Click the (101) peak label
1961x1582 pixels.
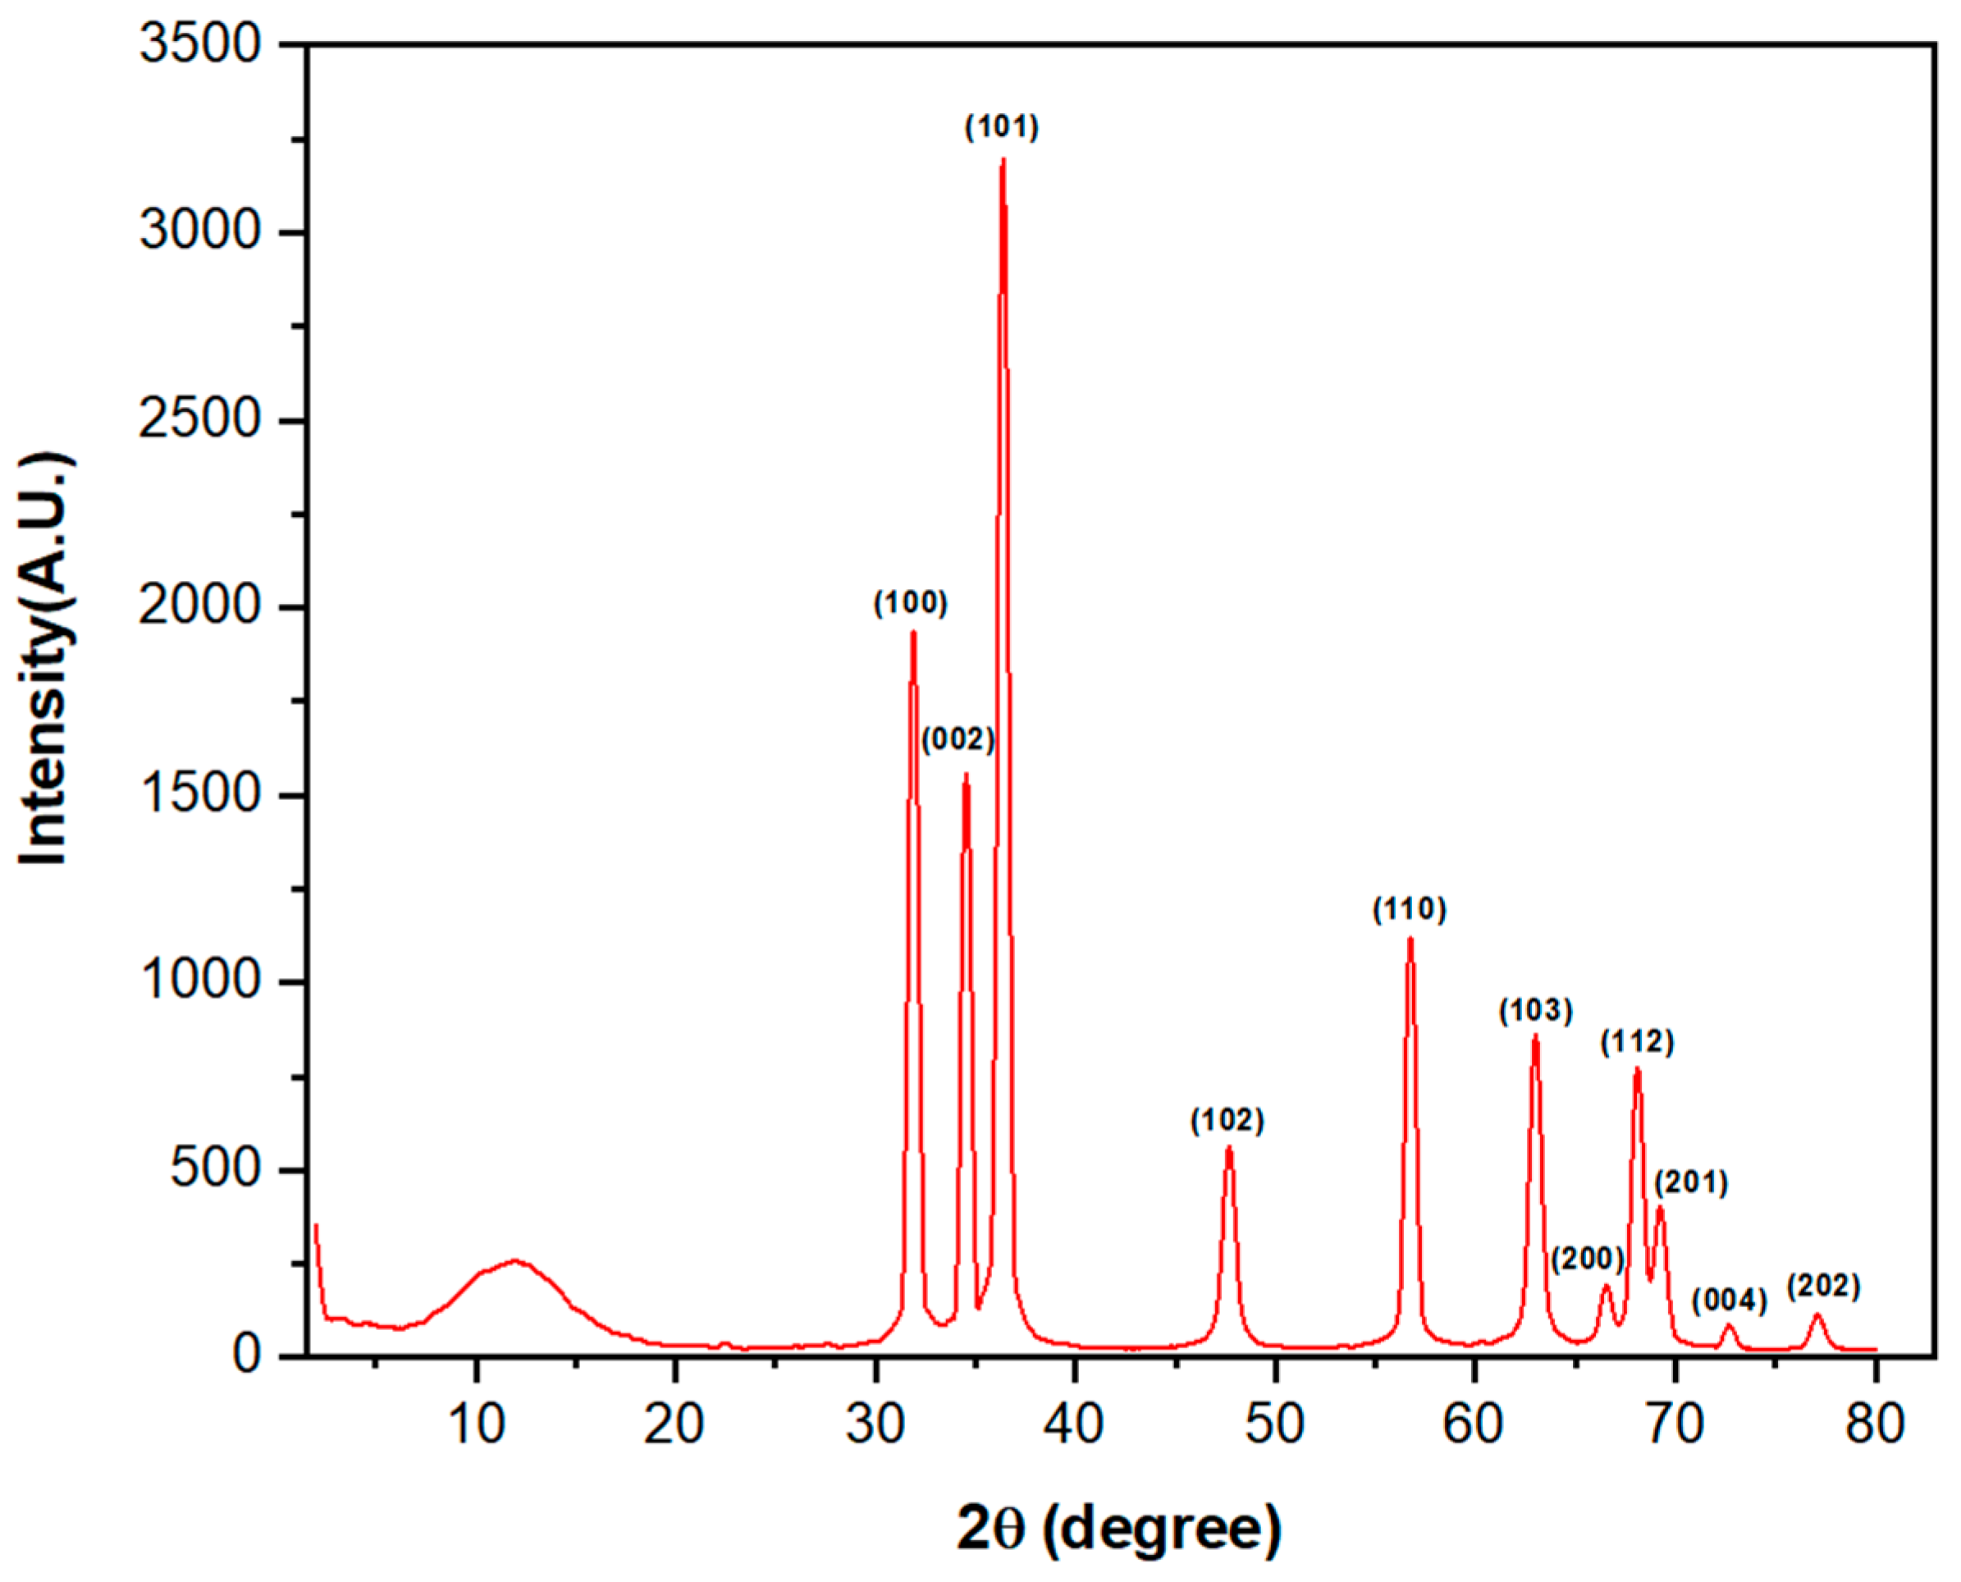(1002, 127)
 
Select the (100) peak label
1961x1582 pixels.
(910, 603)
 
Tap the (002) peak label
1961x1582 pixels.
(958, 739)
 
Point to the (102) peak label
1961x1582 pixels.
(1227, 1121)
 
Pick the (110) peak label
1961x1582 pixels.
(1409, 909)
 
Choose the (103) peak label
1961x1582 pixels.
(1535, 1011)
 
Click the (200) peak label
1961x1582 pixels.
(1588, 1260)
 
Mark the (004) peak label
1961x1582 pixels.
(1730, 1301)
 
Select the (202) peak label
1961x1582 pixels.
(1822, 1287)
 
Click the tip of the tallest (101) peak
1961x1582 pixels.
(1003, 160)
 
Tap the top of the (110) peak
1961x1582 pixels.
(1410, 939)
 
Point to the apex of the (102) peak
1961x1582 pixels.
(1228, 1148)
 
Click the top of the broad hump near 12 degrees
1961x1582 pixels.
(514, 1261)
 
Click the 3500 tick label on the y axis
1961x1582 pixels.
(200, 43)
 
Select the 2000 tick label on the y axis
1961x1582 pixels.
(200, 607)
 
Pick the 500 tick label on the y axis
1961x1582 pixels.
(216, 1169)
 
